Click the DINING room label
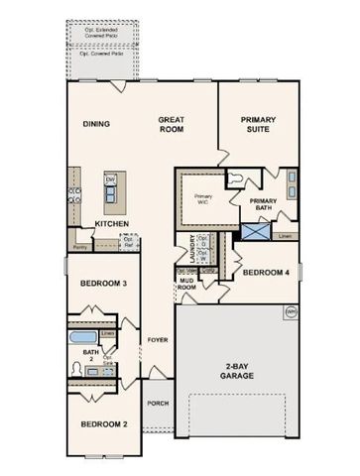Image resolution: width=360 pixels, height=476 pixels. [96, 124]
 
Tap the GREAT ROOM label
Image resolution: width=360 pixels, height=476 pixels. [173, 124]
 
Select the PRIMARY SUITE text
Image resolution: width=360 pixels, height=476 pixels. [257, 124]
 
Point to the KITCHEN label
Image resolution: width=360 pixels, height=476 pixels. [110, 224]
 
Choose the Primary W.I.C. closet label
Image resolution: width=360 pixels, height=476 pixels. [202, 197]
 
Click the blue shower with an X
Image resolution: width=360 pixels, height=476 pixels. [255, 230]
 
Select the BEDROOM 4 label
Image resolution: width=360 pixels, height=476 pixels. [266, 272]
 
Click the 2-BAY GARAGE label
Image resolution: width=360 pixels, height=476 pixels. [236, 369]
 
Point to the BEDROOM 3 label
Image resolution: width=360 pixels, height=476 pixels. [102, 285]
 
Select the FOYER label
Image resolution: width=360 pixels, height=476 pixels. [156, 339]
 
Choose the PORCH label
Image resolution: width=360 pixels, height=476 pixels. [157, 404]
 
